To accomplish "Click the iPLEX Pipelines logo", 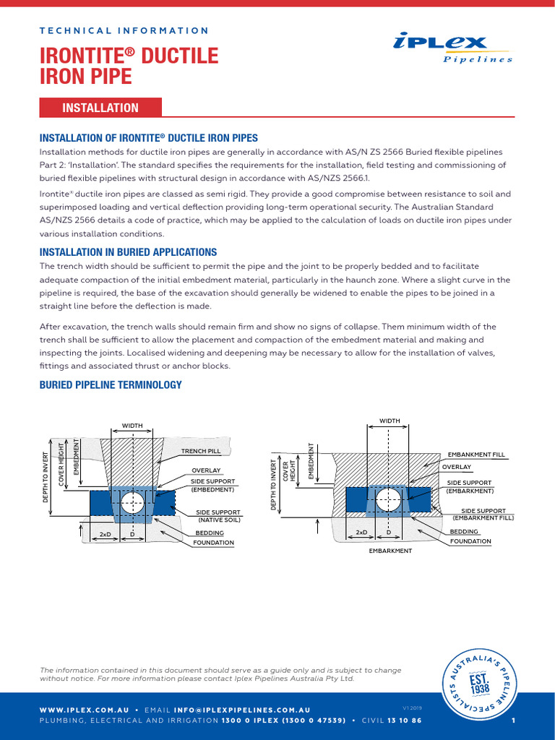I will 454,48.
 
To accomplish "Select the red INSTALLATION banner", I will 100,108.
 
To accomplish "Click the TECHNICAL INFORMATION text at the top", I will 124,30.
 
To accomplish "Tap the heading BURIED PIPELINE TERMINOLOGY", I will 110,385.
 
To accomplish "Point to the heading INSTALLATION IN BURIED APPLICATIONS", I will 128,252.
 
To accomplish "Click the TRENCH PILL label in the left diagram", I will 200,451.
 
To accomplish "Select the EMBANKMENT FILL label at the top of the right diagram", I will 476,454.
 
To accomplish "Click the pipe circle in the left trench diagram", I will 132,502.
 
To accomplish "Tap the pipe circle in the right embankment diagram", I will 389,499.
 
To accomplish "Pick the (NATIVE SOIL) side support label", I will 220,519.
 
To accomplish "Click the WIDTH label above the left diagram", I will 132,426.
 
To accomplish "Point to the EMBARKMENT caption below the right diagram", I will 390,551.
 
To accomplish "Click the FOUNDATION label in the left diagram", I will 213,542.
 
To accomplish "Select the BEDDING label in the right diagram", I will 463,530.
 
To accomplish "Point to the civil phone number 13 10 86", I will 404,720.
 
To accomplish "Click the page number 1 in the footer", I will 512,720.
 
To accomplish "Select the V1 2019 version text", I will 411,707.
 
